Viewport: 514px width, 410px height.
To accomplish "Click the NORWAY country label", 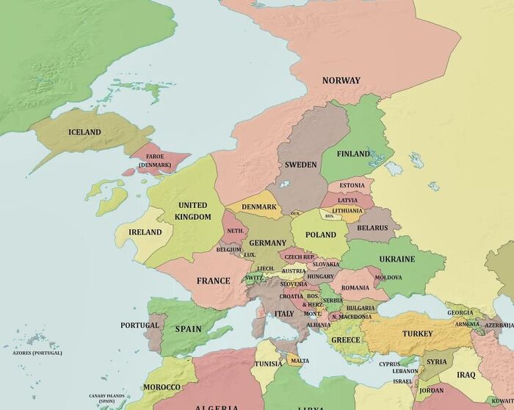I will tap(341, 80).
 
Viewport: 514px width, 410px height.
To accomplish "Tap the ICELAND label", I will tap(84, 132).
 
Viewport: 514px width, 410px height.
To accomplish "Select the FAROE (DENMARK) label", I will tap(155, 161).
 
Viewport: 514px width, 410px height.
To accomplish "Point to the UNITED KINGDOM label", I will tap(193, 211).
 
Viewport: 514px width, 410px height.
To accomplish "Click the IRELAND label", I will tap(145, 232).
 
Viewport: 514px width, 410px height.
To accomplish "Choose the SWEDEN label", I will tap(301, 165).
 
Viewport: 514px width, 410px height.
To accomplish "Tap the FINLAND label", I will tap(353, 154).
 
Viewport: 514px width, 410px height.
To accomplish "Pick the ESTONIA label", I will tap(352, 185).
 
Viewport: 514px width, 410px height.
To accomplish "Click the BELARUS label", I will tap(372, 228).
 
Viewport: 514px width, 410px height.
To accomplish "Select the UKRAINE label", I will tap(397, 259).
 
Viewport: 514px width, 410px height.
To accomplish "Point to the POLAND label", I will tap(321, 235).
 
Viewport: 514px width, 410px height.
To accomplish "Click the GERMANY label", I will tap(267, 242).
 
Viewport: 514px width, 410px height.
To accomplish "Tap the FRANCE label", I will tap(214, 281).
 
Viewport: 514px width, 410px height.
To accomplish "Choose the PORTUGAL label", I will tap(140, 325).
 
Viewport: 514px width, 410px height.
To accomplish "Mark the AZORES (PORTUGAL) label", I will tap(37, 353).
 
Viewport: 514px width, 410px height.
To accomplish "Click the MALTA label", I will tap(300, 361).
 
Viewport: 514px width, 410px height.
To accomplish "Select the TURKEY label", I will tap(417, 334).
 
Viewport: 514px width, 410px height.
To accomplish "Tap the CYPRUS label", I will tap(389, 364).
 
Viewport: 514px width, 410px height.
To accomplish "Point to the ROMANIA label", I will tap(355, 287).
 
